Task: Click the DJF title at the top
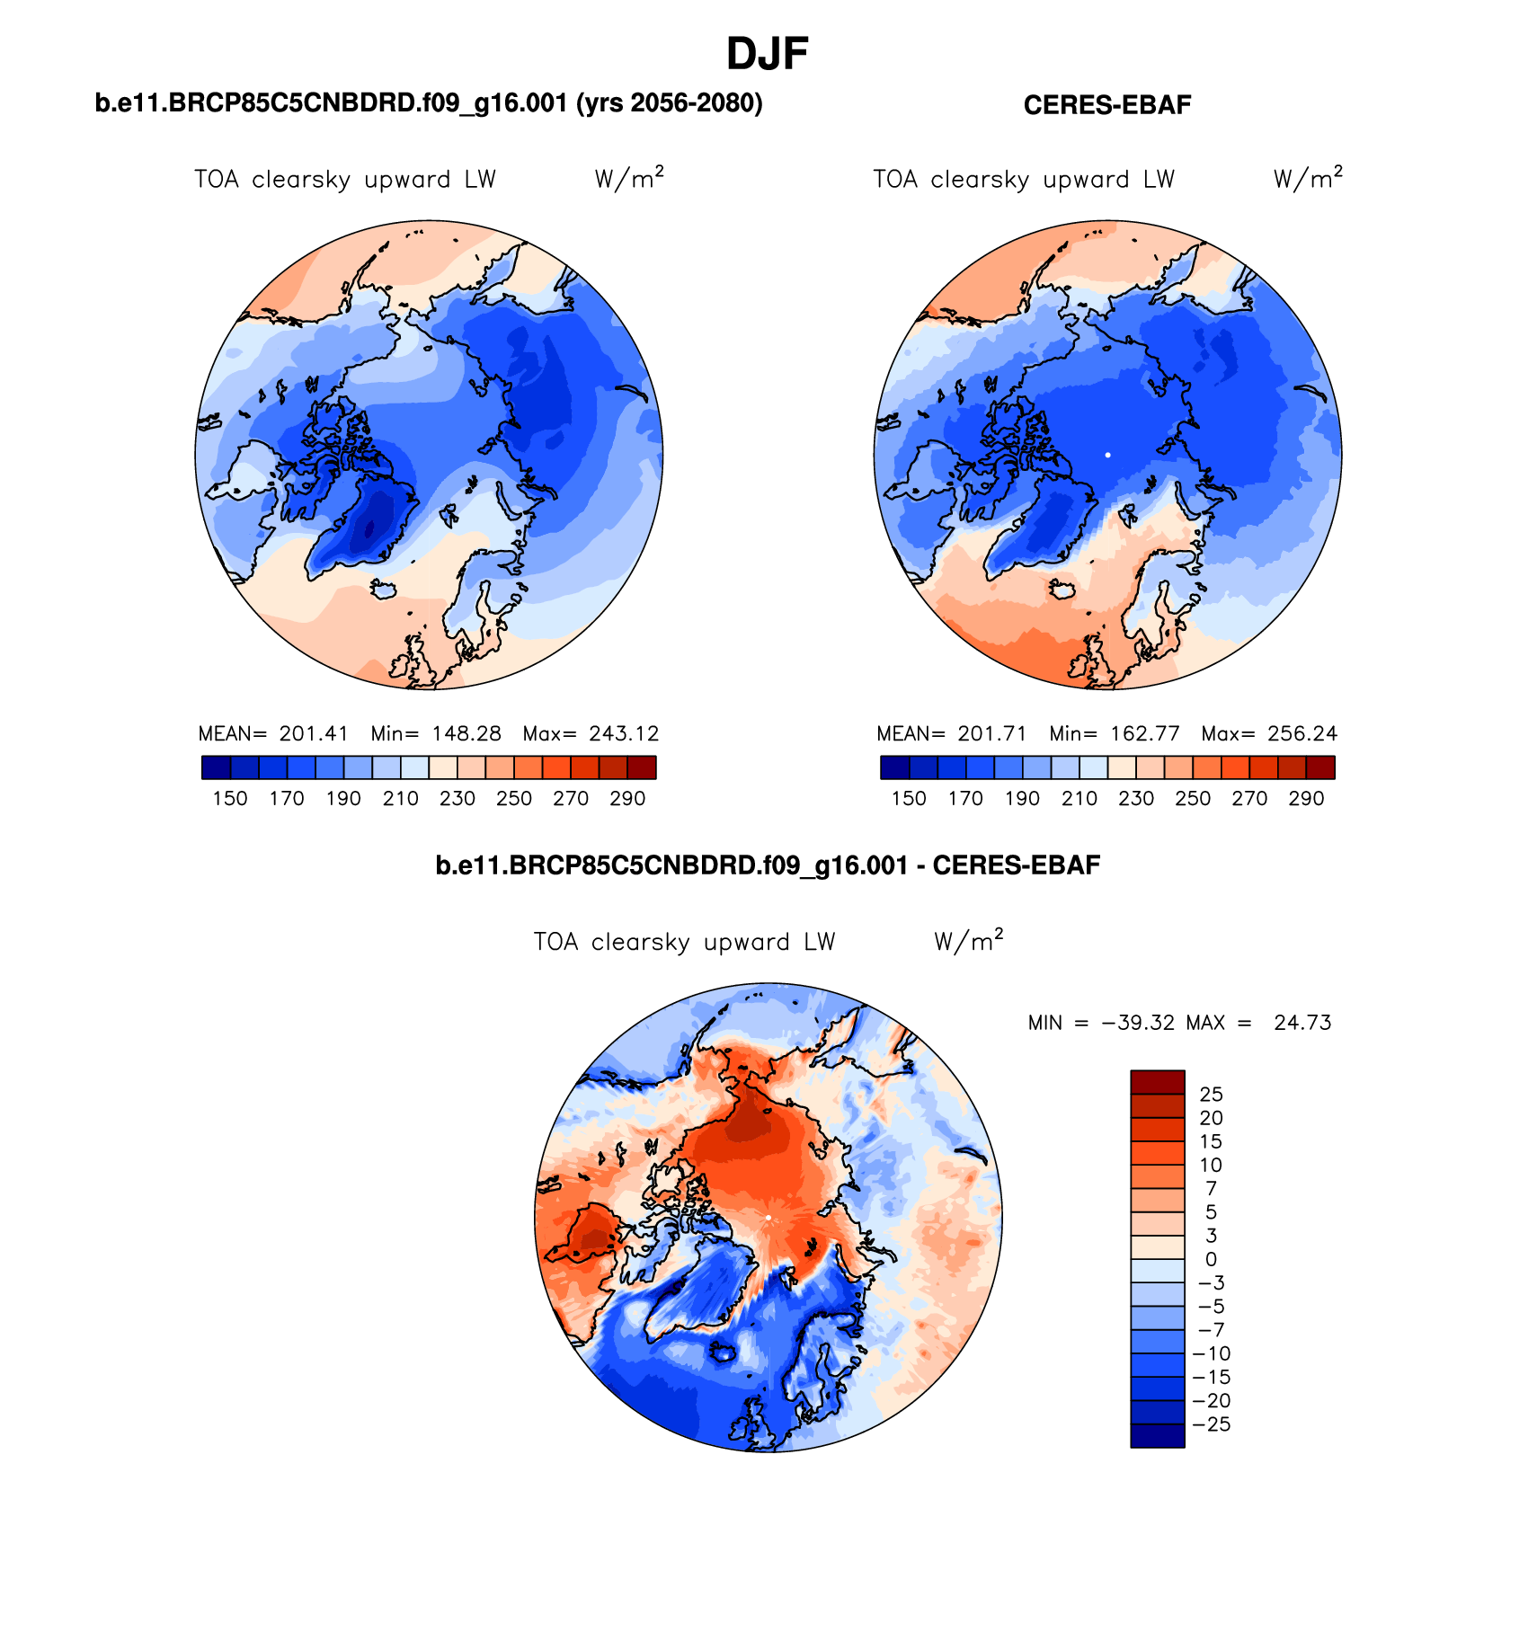[x=767, y=55]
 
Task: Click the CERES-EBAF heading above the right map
[x=1106, y=105]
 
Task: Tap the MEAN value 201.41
[x=313, y=733]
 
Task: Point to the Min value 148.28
[x=466, y=733]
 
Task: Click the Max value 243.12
[x=624, y=733]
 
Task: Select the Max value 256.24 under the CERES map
[x=1302, y=733]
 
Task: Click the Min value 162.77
[x=1144, y=733]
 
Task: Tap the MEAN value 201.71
[x=991, y=733]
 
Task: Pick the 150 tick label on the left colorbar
[x=230, y=799]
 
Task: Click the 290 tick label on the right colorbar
[x=1306, y=799]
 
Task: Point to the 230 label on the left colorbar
[x=458, y=799]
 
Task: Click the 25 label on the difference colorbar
[x=1211, y=1095]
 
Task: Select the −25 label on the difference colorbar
[x=1211, y=1424]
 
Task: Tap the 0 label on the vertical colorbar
[x=1211, y=1260]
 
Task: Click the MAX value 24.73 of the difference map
[x=1302, y=1023]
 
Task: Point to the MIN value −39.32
[x=1138, y=1023]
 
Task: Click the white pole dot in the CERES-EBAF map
[x=1107, y=455]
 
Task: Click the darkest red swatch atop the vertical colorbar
[x=1157, y=1081]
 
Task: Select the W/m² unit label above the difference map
[x=968, y=940]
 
